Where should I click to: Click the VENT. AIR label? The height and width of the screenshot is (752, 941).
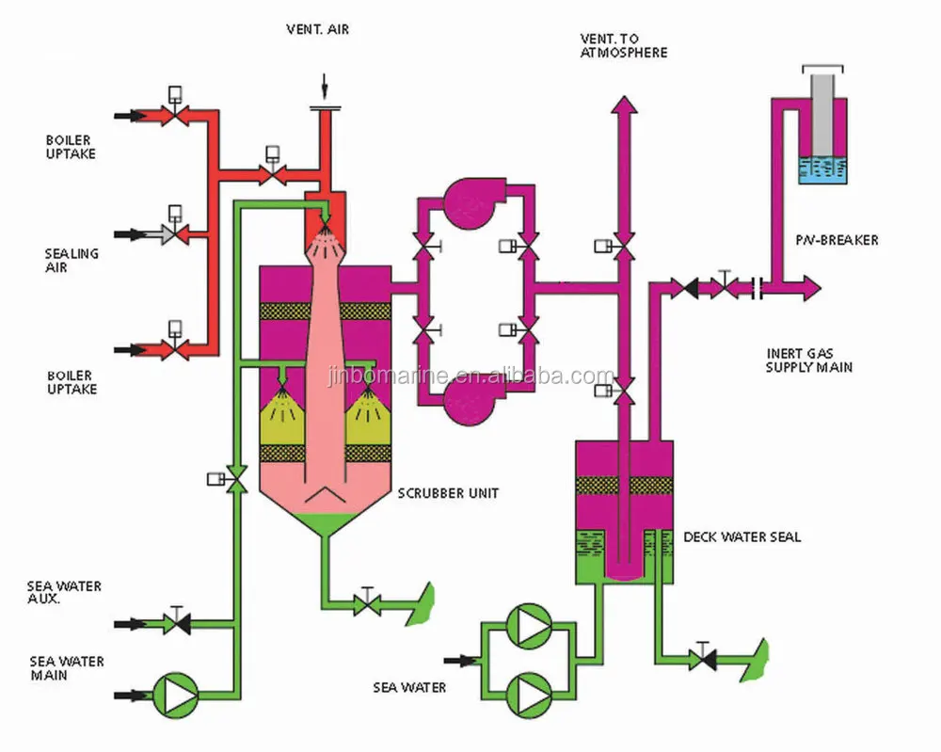(317, 29)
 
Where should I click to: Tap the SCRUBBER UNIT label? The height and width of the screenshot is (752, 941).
(448, 493)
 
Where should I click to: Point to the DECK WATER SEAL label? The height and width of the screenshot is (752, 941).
(742, 537)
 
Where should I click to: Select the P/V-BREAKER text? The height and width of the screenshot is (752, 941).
(837, 240)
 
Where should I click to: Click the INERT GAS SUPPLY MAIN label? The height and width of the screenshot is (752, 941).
(809, 360)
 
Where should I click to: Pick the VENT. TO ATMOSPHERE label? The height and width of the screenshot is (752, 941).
(624, 45)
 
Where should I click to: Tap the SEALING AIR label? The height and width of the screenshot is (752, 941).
(72, 261)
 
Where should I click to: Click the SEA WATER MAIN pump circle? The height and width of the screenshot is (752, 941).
(176, 696)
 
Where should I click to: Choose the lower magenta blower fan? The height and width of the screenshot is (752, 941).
(473, 402)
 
